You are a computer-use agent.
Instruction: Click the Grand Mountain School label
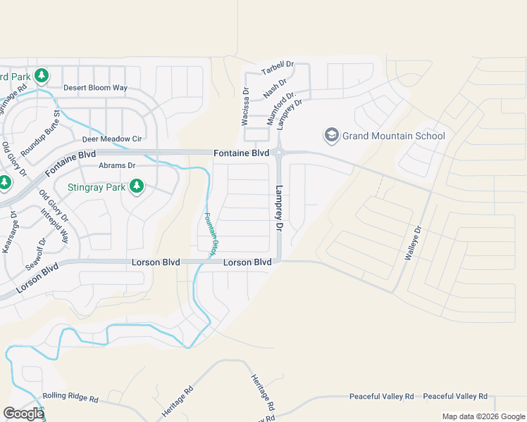click(x=394, y=136)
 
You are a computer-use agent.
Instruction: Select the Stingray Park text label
click(x=96, y=187)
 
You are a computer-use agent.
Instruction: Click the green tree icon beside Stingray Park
click(x=137, y=186)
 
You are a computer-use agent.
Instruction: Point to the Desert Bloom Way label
click(x=95, y=88)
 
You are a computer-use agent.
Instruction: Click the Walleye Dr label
click(x=413, y=243)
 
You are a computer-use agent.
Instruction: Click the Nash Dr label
click(x=275, y=89)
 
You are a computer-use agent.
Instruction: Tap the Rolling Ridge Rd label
click(x=70, y=398)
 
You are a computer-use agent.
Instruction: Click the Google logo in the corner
click(x=23, y=414)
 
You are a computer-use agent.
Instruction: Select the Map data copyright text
click(x=483, y=416)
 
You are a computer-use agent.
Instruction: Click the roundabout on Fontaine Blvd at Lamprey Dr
click(x=280, y=153)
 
